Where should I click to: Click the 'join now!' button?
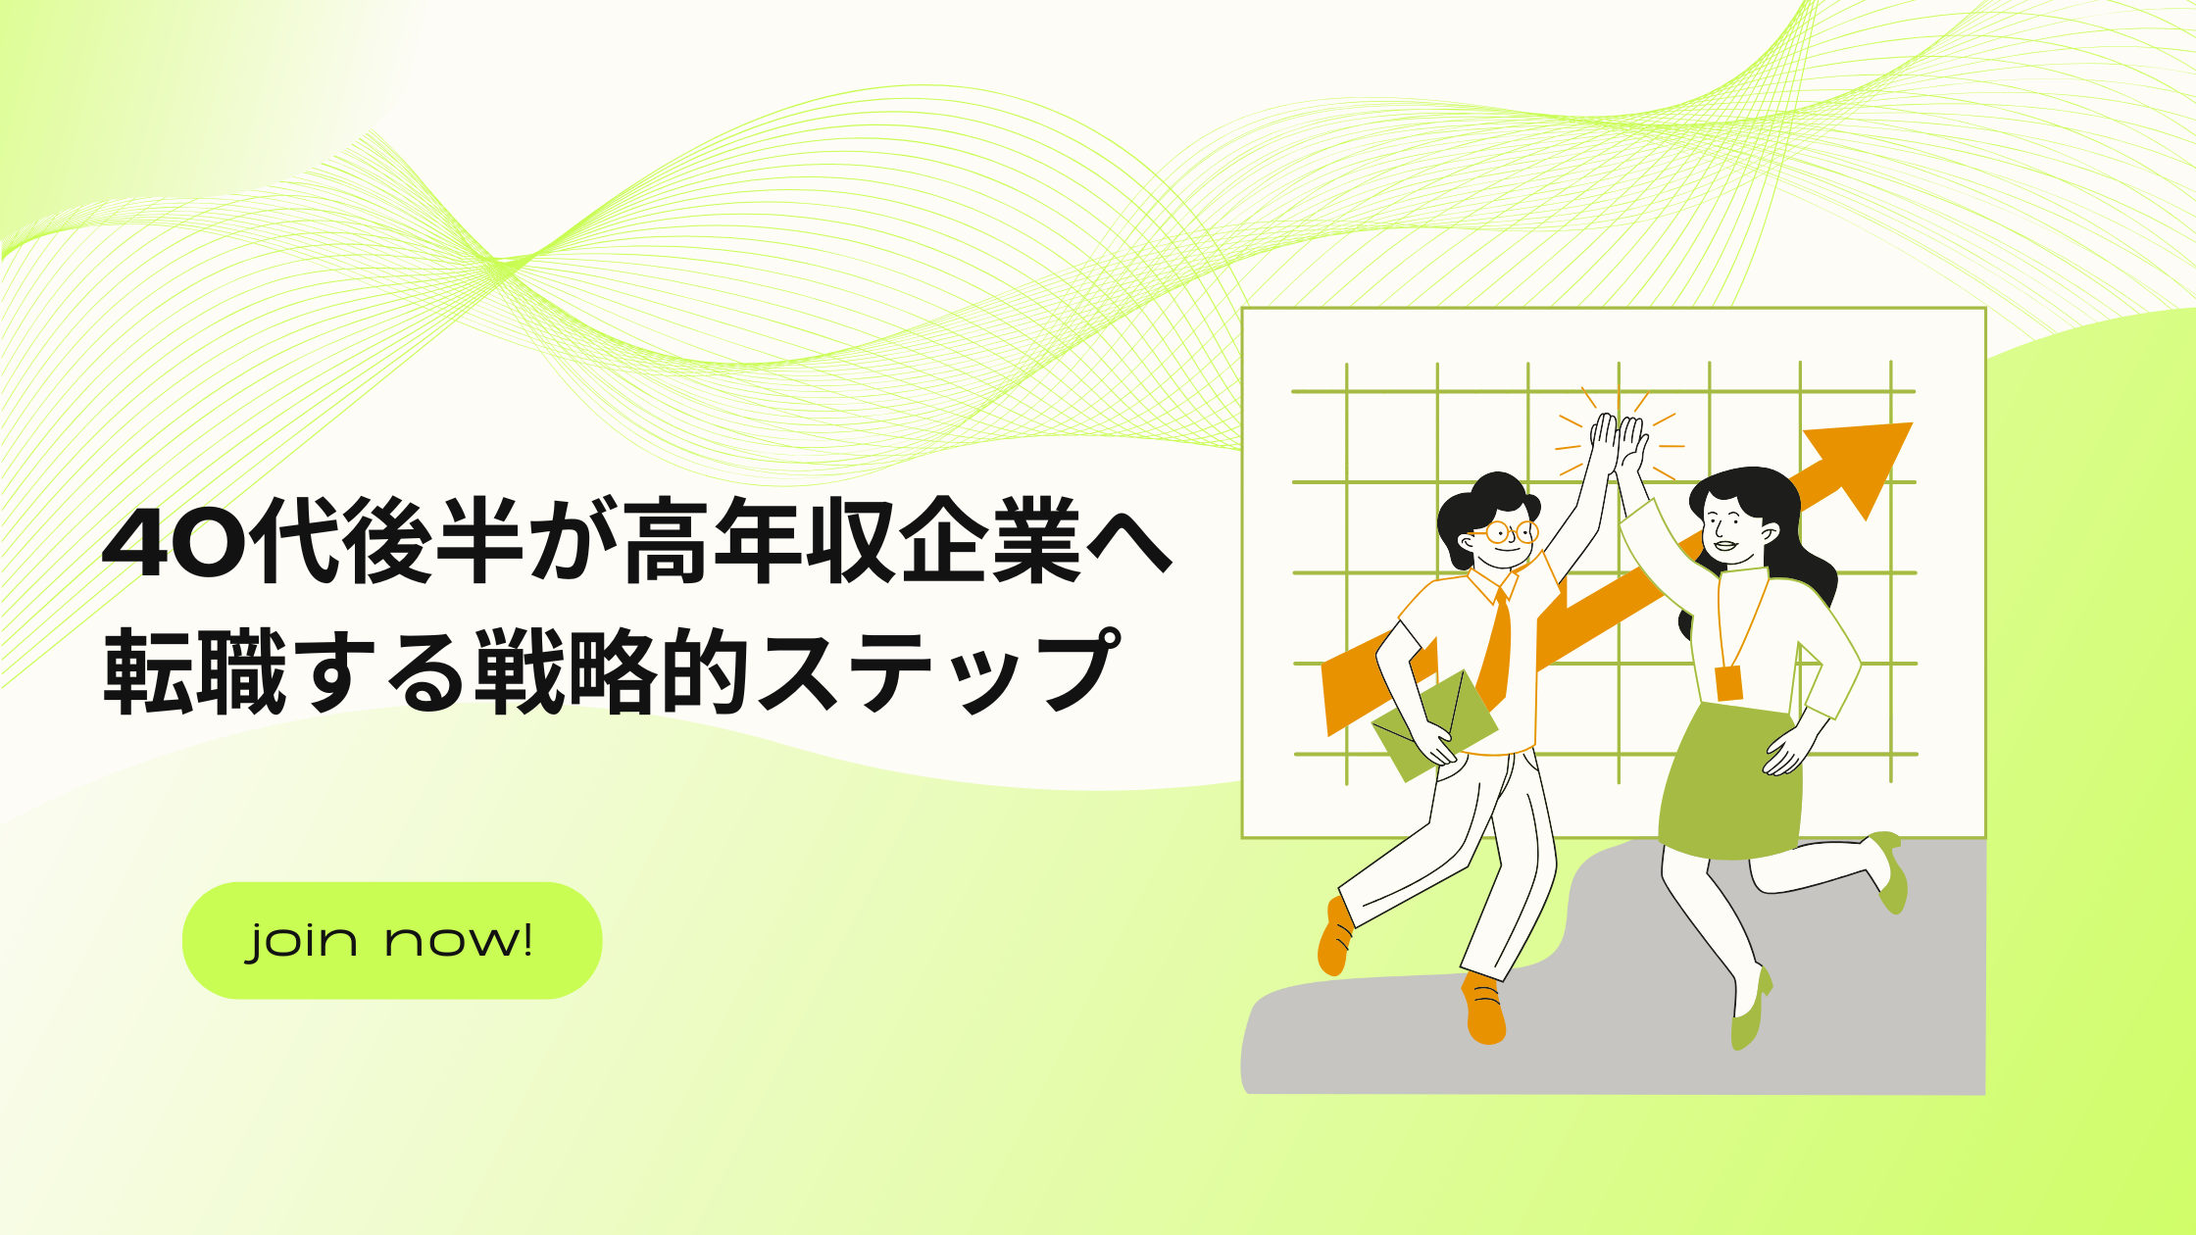tap(392, 940)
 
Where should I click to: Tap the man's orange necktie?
tap(1496, 647)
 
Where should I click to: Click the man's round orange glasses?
tap(1510, 532)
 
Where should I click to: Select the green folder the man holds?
tap(1435, 725)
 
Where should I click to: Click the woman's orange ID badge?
tap(1729, 683)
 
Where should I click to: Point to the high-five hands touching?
tap(1619, 446)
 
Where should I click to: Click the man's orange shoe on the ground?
tap(1484, 1009)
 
